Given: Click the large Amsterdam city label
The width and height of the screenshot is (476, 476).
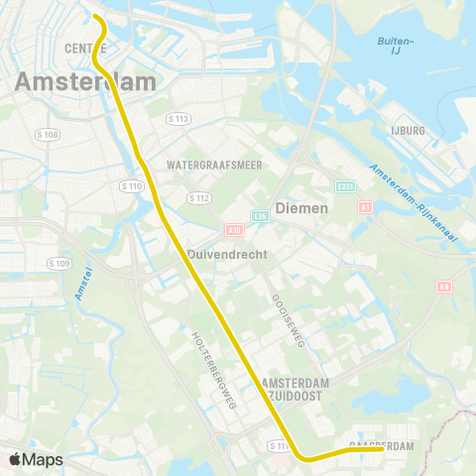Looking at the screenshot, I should click(84, 81).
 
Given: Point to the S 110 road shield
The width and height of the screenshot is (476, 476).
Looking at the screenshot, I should click(130, 185).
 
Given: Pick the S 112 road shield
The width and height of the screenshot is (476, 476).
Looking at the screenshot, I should click(199, 197).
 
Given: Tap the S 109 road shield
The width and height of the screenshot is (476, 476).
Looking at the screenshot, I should click(59, 263).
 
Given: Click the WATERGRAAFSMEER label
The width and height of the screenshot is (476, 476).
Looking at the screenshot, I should click(214, 165).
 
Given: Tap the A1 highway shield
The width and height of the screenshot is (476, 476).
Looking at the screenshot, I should click(365, 207).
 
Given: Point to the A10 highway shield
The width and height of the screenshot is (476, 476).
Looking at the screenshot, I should click(236, 229).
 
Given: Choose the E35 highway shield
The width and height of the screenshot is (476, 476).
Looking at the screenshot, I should click(260, 215).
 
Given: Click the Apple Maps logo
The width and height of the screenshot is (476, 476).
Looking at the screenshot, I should click(37, 459).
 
